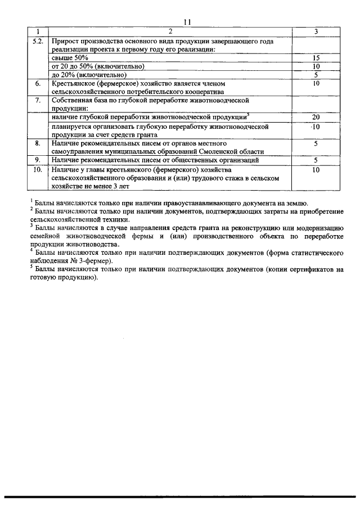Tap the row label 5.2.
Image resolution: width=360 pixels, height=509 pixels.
[38, 42]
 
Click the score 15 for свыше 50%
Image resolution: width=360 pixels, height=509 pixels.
[316, 58]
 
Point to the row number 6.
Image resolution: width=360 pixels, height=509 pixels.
[38, 83]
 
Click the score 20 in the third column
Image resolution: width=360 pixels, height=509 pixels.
[316, 117]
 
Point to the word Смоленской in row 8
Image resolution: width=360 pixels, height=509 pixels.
[210, 152]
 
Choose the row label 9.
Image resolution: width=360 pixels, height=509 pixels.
[38, 160]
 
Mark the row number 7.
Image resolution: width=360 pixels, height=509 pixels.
[38, 100]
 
